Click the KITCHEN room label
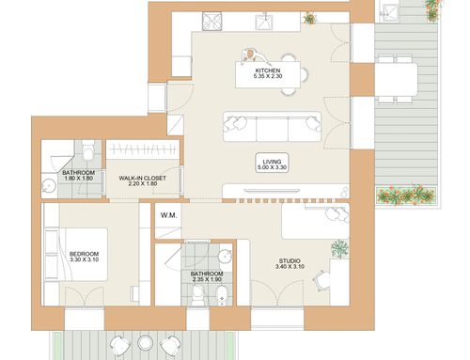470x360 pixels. (268, 70)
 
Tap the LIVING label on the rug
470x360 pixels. (272, 162)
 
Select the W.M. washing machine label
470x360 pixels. (168, 215)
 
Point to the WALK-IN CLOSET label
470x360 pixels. (143, 178)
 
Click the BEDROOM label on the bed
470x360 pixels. (84, 254)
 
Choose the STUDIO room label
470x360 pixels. (290, 260)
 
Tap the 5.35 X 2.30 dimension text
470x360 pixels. (268, 76)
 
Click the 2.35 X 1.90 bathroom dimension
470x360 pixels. (207, 279)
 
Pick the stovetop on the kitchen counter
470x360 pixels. (212, 22)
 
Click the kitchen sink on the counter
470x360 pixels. (265, 22)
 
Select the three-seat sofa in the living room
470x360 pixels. (272, 127)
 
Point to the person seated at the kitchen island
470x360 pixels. (253, 56)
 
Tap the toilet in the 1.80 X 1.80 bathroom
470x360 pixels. (87, 149)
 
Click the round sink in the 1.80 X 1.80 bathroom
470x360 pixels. (49, 186)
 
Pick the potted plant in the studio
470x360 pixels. (339, 249)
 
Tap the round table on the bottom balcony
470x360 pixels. (145, 343)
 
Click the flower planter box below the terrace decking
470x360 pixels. (406, 196)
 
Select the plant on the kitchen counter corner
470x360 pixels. (309, 18)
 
